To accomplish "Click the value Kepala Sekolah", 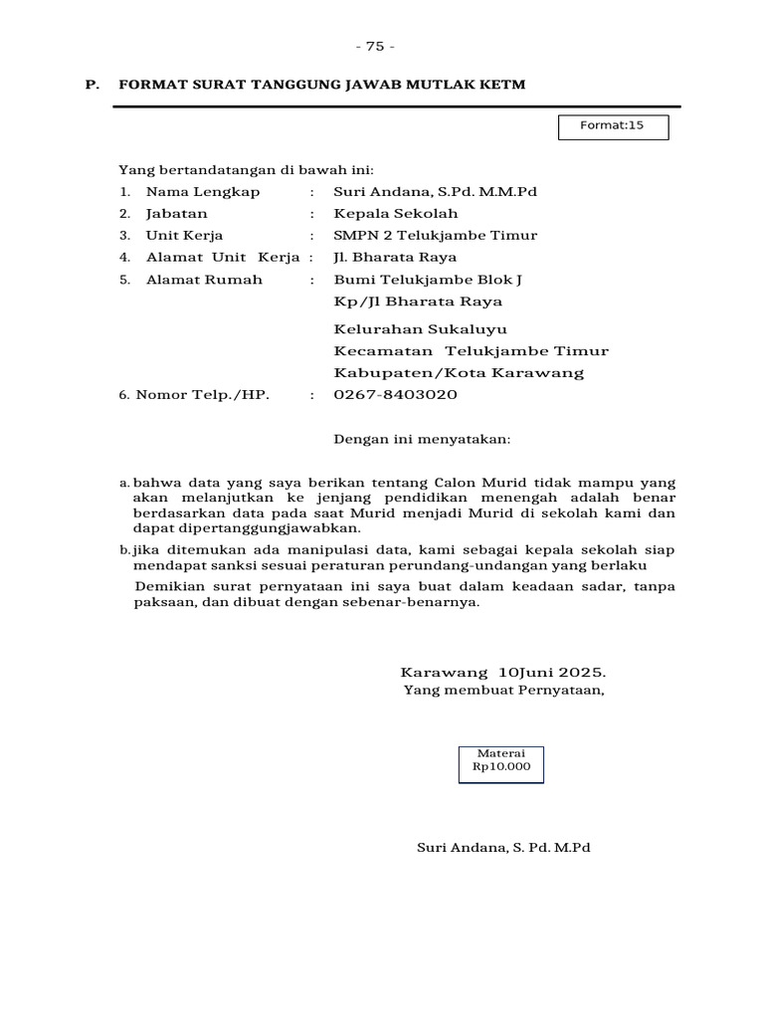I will point(396,214).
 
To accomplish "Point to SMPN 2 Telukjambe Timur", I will point(435,236).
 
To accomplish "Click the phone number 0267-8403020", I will point(395,395).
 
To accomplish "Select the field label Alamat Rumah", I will point(204,280).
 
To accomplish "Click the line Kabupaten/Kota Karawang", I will point(459,373).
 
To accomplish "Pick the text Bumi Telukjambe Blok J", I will point(428,280).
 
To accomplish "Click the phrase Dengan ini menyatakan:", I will point(422,438).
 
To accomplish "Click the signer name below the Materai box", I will point(502,848).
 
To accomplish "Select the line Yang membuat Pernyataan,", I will point(503,691).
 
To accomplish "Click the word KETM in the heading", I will point(503,86).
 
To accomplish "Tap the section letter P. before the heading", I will point(92,86).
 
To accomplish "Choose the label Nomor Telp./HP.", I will point(203,395).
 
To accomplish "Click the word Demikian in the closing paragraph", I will point(166,586).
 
